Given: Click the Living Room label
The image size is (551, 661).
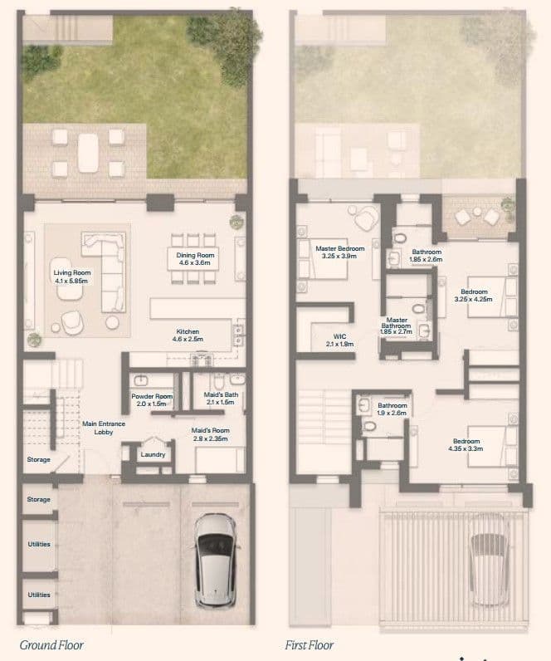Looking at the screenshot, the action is click(72, 272).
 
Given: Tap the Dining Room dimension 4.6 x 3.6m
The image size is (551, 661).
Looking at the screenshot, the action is click(195, 262).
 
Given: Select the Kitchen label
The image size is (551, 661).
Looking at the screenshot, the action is click(188, 332).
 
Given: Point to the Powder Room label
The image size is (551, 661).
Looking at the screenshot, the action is click(152, 396).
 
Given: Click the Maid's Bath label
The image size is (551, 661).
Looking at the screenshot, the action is click(221, 394).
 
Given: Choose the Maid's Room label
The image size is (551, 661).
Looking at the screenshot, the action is click(210, 430).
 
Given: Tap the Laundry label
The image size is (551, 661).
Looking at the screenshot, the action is click(153, 454).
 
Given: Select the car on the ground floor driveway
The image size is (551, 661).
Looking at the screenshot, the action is click(216, 561).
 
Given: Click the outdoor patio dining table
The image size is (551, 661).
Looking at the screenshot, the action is click(89, 153).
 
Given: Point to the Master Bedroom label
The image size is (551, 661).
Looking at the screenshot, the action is click(340, 249).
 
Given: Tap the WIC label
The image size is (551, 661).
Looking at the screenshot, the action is click(339, 336).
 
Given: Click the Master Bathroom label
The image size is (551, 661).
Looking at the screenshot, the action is click(396, 323).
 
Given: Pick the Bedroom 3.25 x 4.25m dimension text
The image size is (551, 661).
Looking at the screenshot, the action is click(473, 299).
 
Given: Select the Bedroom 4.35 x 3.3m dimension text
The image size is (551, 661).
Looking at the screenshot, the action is click(466, 449).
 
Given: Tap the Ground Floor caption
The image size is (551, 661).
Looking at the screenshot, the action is click(51, 645).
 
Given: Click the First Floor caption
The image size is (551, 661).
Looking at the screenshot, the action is click(310, 645).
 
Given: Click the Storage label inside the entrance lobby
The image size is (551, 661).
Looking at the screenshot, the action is click(39, 459).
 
